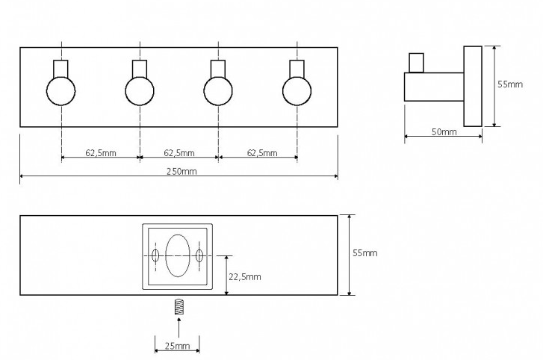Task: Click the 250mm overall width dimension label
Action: [181, 171]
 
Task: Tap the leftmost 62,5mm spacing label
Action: [101, 152]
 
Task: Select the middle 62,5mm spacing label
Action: [179, 152]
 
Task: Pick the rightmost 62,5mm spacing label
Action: [262, 152]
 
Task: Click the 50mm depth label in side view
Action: [444, 131]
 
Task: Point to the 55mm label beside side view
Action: [509, 84]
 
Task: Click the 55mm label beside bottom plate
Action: [365, 252]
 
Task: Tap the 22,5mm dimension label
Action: [245, 276]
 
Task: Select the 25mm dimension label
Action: [177, 346]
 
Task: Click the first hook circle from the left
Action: [61, 90]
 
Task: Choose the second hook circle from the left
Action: [140, 90]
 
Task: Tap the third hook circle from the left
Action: [218, 90]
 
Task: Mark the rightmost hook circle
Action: [297, 90]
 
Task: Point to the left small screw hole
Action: [155, 255]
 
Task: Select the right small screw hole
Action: [199, 255]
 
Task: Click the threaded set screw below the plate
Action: [179, 306]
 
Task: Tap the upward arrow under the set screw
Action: [179, 328]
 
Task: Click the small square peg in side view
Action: [416, 63]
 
